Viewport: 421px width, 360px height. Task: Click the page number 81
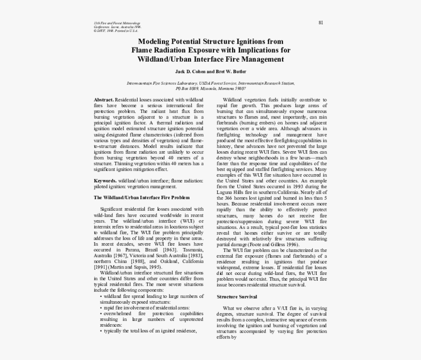coord(320,22)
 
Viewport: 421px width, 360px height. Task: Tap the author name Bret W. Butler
coord(233,71)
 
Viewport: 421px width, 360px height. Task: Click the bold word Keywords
coord(105,180)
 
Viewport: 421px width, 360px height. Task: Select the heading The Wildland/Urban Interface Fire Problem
coord(141,197)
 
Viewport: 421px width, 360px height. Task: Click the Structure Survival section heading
coord(236,297)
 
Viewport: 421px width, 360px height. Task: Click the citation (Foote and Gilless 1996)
coord(274,244)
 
